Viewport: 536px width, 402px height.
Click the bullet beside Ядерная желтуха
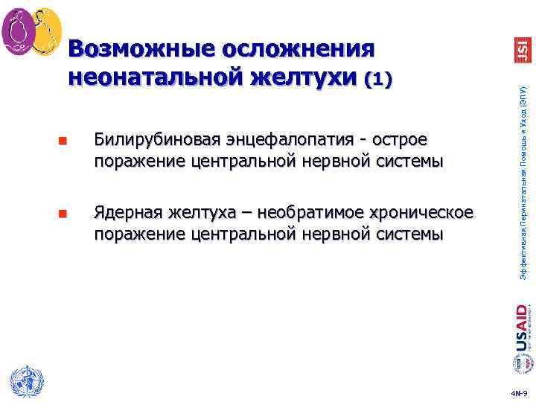coord(62,216)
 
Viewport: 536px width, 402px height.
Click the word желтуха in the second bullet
coord(195,214)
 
